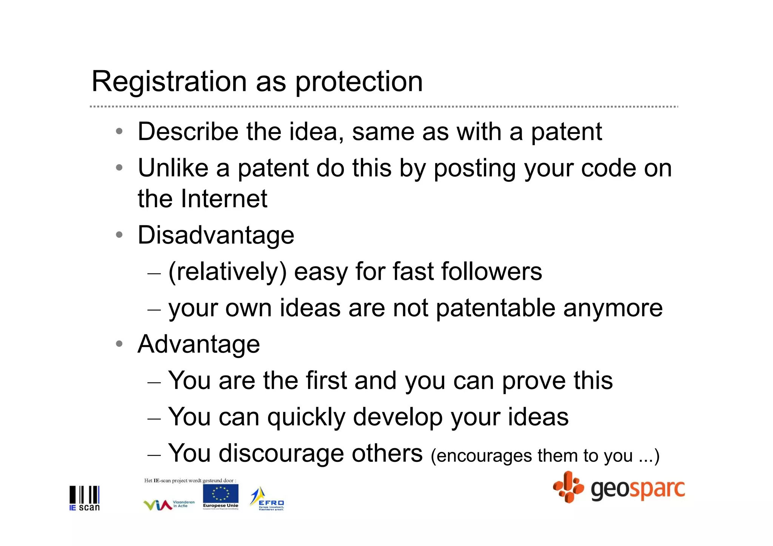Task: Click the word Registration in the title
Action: coord(169,82)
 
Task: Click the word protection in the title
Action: coord(359,82)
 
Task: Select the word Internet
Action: coord(224,198)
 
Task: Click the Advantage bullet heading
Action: coord(199,344)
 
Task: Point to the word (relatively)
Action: coord(227,272)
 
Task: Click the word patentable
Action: coord(495,308)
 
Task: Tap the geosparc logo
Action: coord(619,488)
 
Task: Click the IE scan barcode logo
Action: coord(85,498)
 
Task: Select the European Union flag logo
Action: coord(220,497)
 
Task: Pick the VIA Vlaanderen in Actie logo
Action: coord(169,504)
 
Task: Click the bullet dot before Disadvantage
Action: coord(119,235)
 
